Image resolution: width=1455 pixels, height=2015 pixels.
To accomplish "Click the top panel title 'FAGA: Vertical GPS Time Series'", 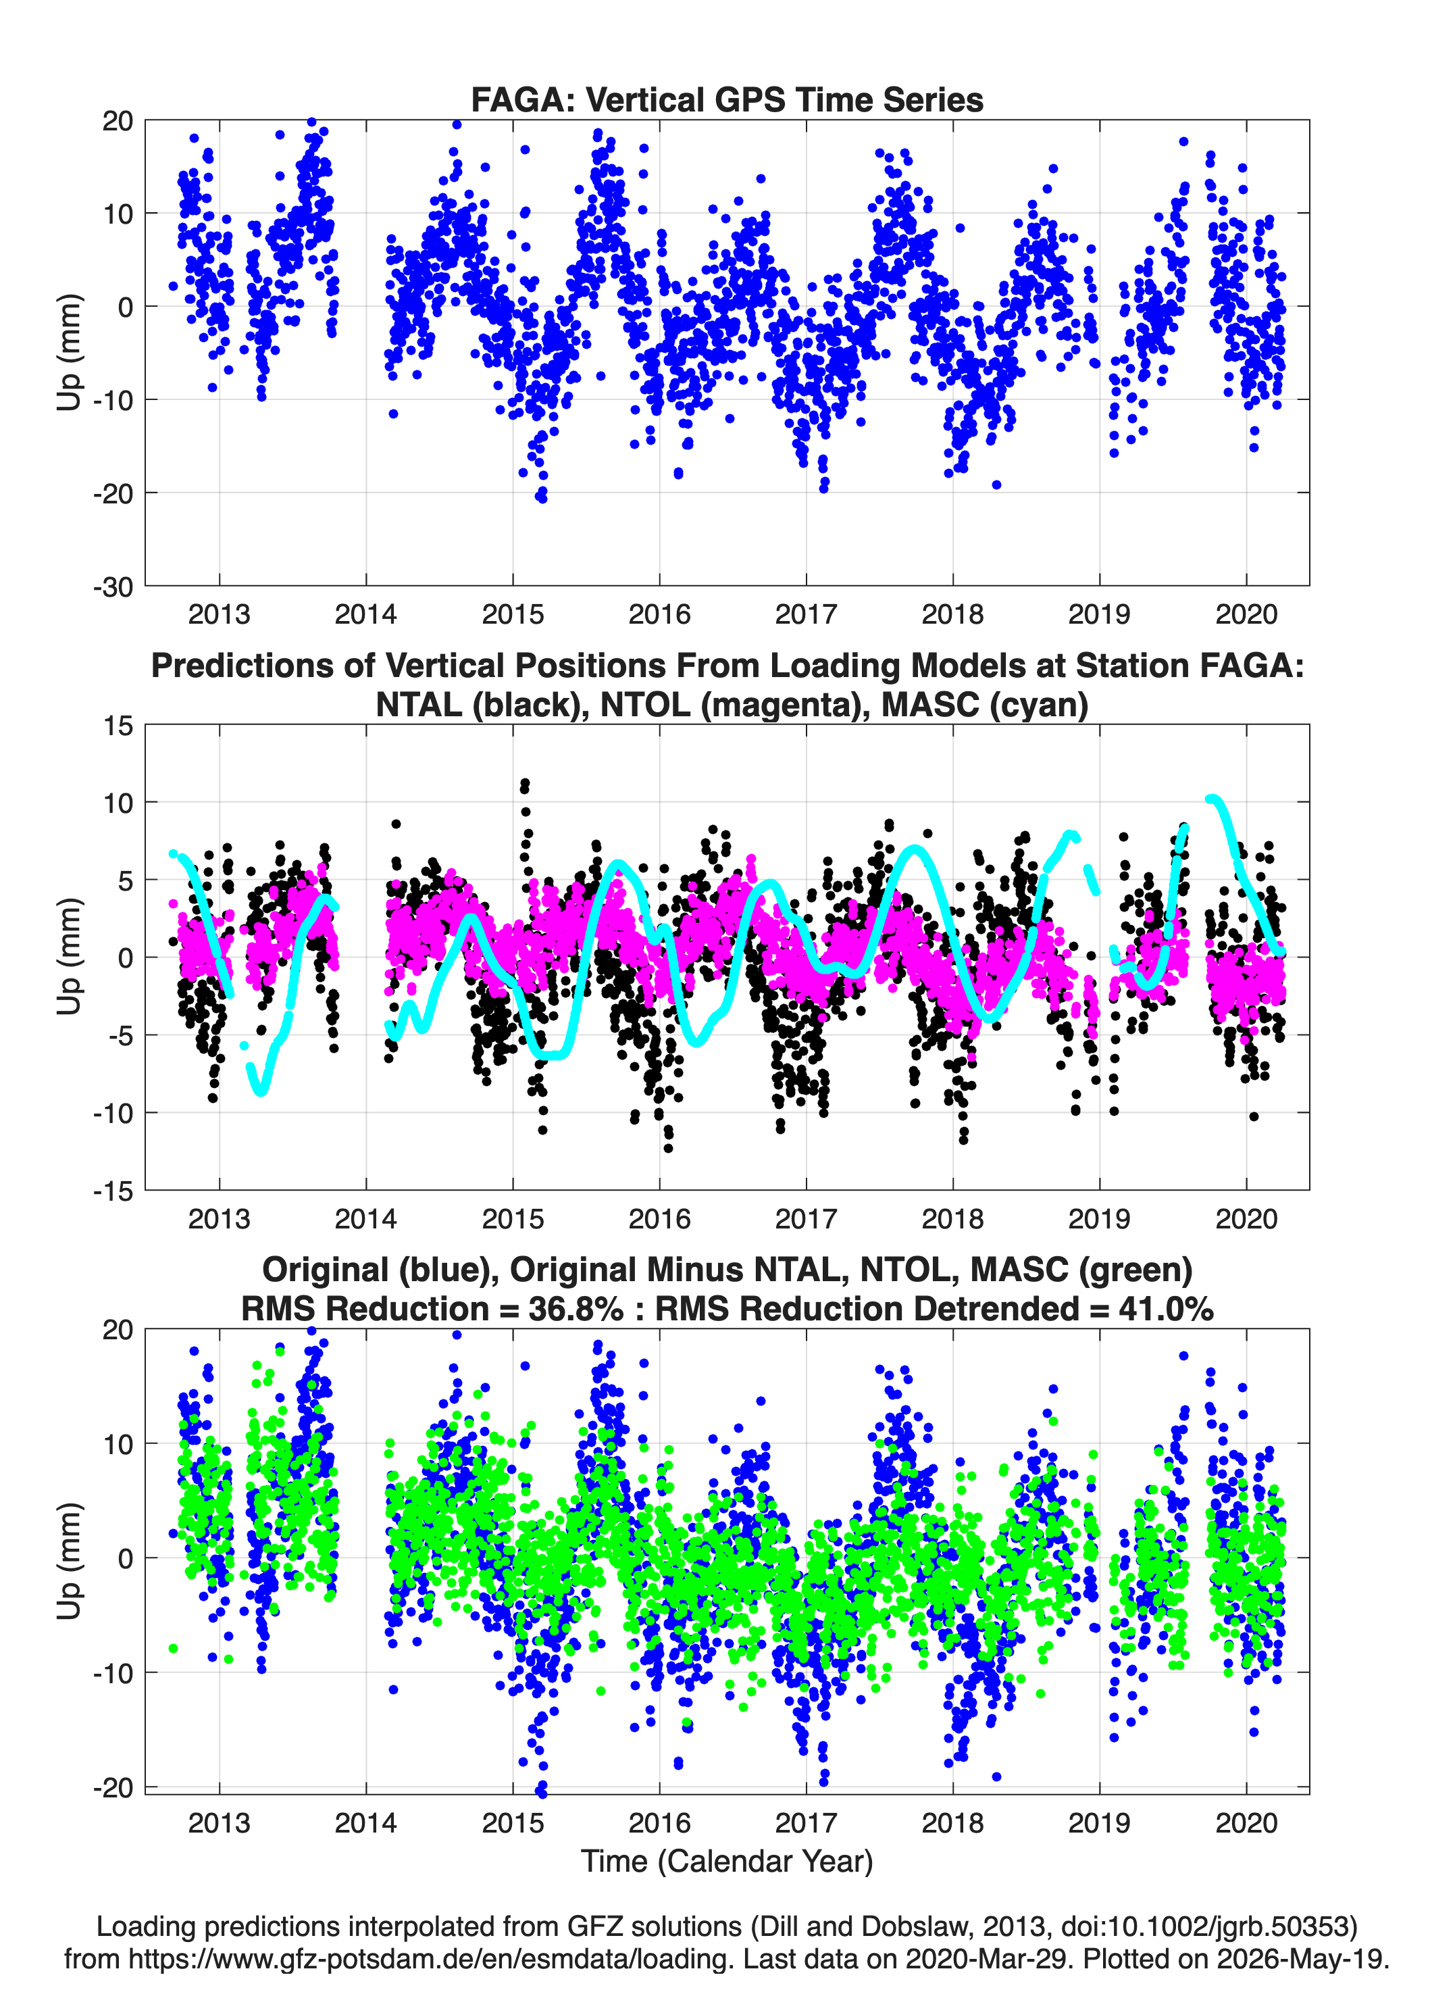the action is point(727,99).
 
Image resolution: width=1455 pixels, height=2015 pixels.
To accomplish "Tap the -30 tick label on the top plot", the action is point(113,587).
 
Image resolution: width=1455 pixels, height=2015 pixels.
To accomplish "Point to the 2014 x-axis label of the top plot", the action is point(366,614).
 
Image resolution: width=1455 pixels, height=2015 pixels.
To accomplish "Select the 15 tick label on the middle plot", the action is point(118,726).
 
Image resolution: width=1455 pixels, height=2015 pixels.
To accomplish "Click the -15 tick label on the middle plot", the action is point(113,1191).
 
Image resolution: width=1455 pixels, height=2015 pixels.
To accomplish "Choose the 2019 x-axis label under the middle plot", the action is point(1100,1218).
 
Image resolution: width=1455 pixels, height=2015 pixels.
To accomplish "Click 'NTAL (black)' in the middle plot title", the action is point(483,705).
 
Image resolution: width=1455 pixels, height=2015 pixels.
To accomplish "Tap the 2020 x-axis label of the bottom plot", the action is point(1246,1823).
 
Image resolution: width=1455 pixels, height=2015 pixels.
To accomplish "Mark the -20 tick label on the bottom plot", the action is point(113,1787).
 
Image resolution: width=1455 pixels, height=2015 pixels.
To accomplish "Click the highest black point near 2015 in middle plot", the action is point(525,784).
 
